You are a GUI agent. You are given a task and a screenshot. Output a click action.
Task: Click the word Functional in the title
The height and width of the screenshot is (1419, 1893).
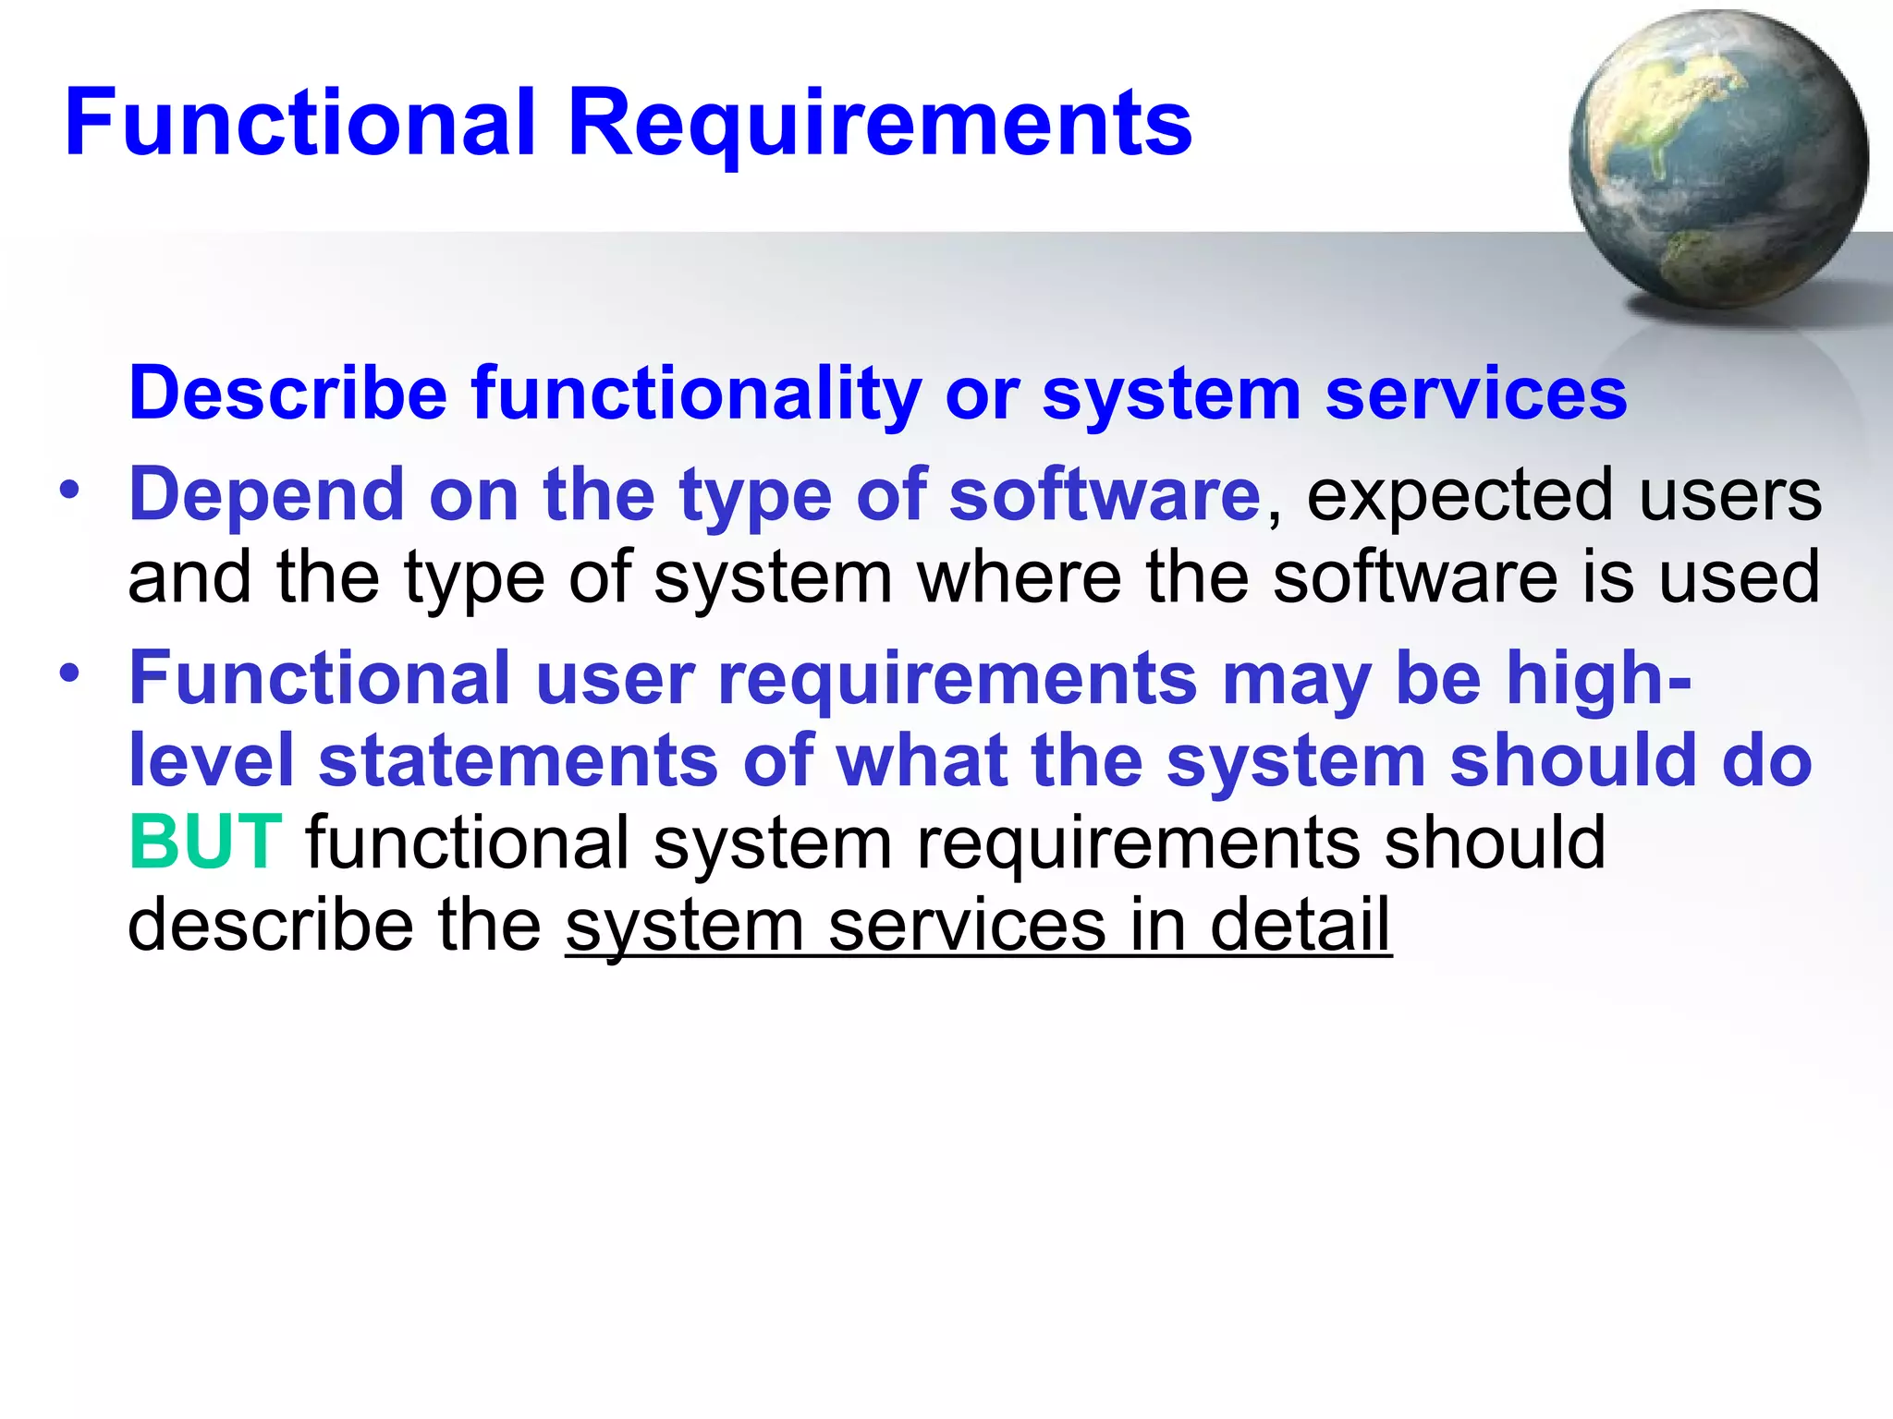[300, 123]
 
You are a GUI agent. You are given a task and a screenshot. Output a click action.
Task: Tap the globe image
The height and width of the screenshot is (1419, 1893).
[1717, 159]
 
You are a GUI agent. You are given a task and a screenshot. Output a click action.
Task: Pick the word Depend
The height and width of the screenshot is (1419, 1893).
[266, 496]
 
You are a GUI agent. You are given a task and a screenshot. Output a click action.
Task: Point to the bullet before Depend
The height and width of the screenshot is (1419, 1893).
[69, 490]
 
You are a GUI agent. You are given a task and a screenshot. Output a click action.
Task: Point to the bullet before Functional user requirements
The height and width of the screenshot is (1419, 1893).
[69, 673]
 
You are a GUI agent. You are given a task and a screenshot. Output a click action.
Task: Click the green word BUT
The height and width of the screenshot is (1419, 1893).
[205, 843]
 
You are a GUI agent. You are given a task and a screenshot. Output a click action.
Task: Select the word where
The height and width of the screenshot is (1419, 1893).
[1019, 577]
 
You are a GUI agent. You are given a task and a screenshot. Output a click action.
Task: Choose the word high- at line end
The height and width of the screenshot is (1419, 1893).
[1598, 679]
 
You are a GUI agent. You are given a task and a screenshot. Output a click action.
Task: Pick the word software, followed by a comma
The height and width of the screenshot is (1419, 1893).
[1105, 495]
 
